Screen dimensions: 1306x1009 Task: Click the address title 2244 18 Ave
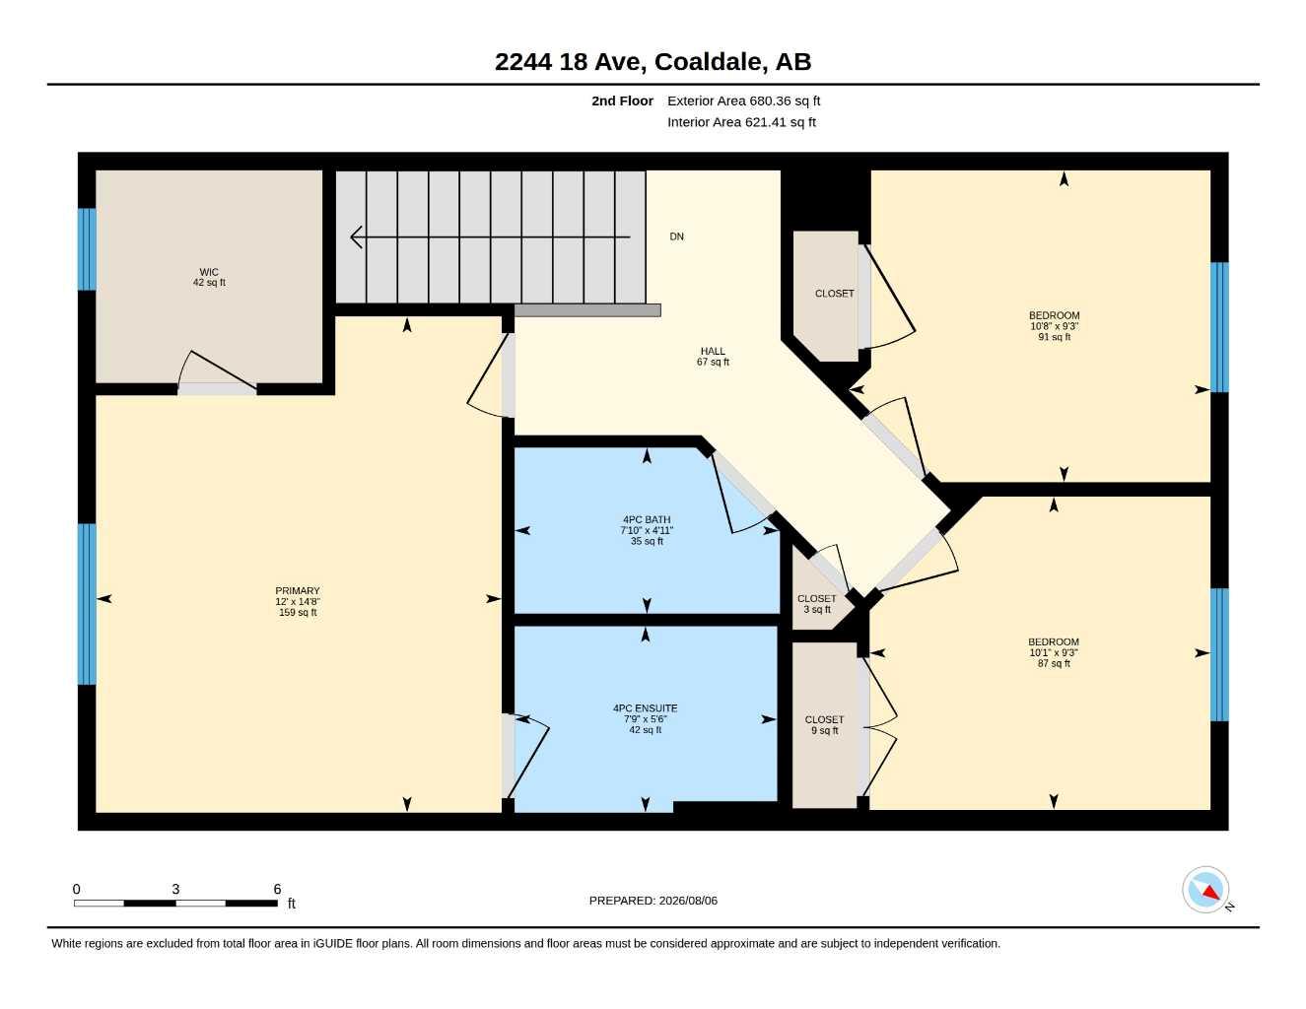point(653,62)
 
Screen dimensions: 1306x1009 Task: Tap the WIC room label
point(209,277)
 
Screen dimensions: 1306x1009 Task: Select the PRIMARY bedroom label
point(298,601)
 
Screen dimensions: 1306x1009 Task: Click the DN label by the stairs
point(677,236)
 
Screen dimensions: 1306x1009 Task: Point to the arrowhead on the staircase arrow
point(356,237)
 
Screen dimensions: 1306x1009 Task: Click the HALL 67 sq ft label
point(713,356)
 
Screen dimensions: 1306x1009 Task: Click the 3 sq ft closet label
point(817,604)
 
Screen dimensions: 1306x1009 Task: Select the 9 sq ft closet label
point(825,725)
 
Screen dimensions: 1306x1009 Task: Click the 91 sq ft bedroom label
point(1055,326)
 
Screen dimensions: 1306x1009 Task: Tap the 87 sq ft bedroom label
point(1054,652)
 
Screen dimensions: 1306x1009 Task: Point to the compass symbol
point(1205,890)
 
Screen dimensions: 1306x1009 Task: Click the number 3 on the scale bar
point(175,889)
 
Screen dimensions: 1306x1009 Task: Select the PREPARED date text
point(653,901)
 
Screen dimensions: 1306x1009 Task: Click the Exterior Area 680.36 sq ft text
point(743,101)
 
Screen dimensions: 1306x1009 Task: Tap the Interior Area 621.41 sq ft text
point(741,122)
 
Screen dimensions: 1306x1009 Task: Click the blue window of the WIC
point(87,249)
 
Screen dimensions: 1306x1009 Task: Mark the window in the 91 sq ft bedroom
point(1219,327)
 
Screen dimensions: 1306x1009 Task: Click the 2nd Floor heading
point(622,101)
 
